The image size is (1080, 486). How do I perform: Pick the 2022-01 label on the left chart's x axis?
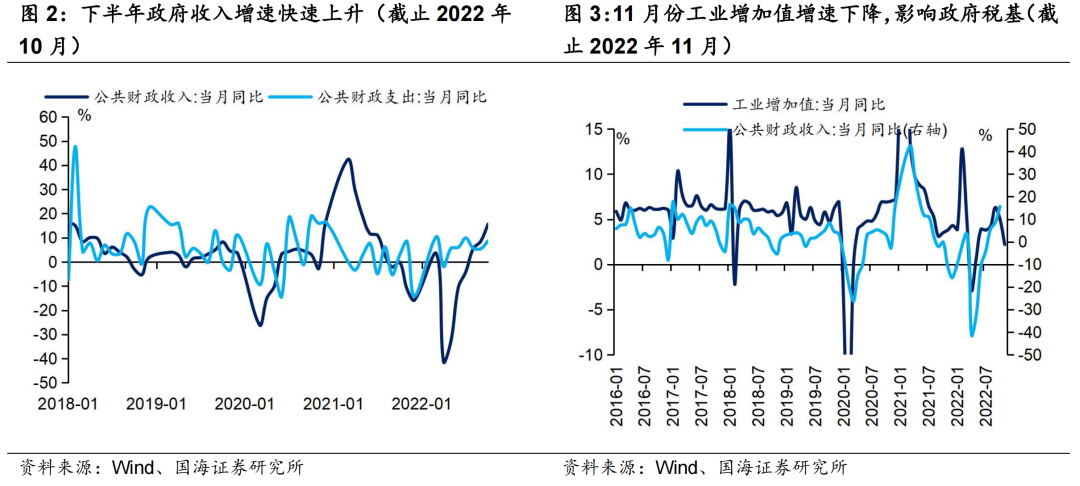(421, 403)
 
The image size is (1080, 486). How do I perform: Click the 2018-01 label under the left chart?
(68, 403)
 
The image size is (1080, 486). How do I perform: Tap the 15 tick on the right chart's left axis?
(596, 129)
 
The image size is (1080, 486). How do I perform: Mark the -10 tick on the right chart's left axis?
(593, 355)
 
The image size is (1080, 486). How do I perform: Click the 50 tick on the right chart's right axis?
(1025, 129)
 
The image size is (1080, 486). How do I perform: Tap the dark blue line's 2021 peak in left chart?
(347, 159)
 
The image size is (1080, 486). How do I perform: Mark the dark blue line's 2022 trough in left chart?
(443, 361)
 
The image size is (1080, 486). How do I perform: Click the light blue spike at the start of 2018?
(75, 147)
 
